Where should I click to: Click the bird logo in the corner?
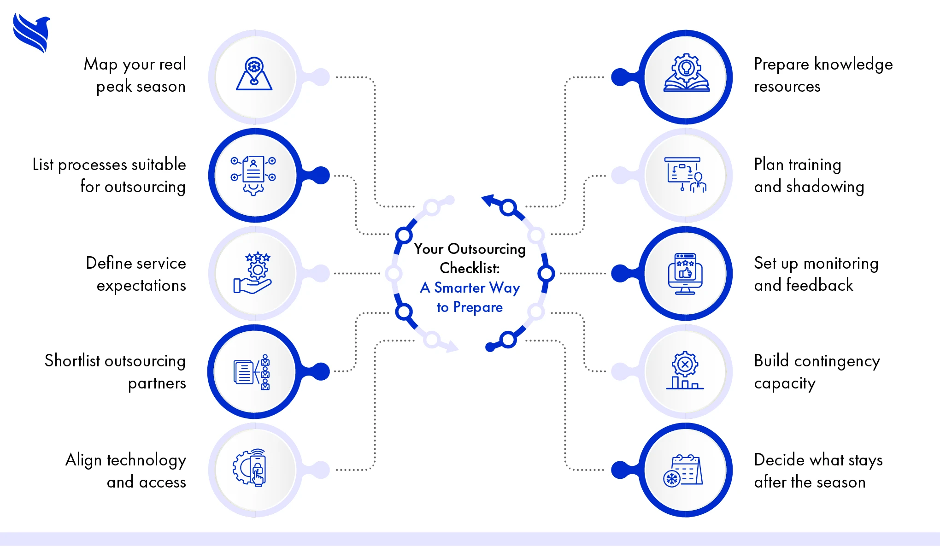click(x=31, y=33)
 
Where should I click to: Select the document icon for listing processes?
click(x=253, y=176)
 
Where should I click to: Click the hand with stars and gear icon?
click(x=253, y=273)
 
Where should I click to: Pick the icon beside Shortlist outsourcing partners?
click(x=252, y=372)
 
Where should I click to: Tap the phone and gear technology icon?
click(x=250, y=468)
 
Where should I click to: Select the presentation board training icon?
click(x=685, y=175)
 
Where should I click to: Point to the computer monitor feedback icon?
click(x=685, y=274)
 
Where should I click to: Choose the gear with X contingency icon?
click(x=685, y=371)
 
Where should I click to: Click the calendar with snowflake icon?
click(x=683, y=471)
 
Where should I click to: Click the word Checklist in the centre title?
click(x=470, y=268)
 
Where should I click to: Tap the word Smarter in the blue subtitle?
click(x=459, y=288)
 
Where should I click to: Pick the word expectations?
click(x=141, y=286)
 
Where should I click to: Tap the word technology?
click(x=147, y=460)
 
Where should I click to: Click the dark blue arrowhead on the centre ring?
click(x=488, y=200)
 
